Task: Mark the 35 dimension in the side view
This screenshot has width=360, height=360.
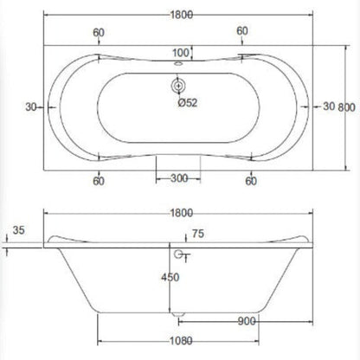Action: tap(21, 231)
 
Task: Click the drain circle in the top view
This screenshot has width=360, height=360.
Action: tap(181, 86)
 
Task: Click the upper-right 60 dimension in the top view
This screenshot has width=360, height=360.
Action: tap(241, 30)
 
